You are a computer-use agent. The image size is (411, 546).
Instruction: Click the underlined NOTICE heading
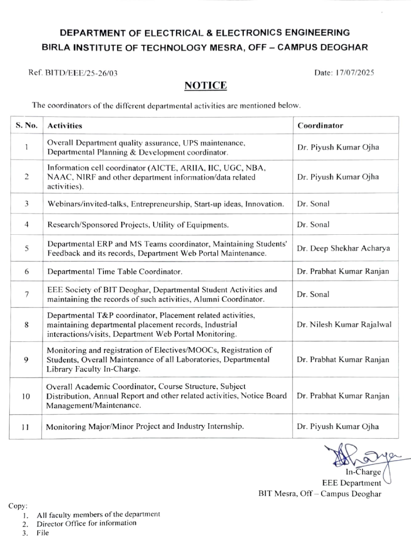(x=205, y=86)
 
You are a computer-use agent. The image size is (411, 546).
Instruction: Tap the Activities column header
(x=65, y=126)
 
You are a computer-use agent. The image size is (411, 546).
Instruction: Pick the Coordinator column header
(x=320, y=126)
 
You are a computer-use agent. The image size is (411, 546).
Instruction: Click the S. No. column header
(x=26, y=126)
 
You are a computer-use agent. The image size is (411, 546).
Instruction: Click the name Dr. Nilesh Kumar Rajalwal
(x=344, y=324)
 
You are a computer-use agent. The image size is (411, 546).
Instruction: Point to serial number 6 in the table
(x=27, y=272)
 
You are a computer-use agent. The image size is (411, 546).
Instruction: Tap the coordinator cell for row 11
(x=338, y=426)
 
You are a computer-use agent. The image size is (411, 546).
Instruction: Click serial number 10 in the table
(x=26, y=396)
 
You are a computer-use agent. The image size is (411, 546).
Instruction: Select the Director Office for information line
(x=87, y=523)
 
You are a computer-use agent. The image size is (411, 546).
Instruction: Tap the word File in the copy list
(x=43, y=533)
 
